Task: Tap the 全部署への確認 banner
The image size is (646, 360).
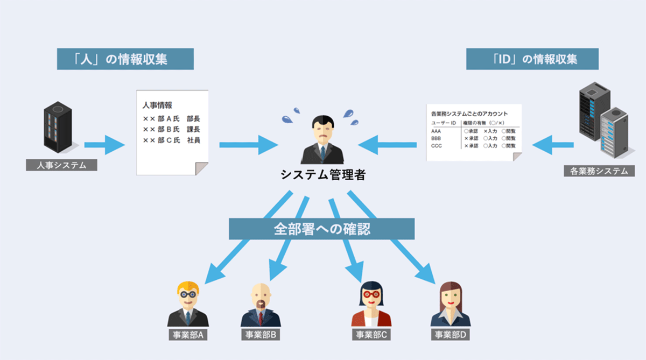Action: point(321,229)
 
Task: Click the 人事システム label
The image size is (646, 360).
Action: point(61,165)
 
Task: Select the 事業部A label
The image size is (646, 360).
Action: point(187,335)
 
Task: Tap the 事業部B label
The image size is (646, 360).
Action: point(261,335)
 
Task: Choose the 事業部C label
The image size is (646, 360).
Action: point(371,335)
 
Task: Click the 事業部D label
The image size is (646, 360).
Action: point(451,335)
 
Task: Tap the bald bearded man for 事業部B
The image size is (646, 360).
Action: point(261,298)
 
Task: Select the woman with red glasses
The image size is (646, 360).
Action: point(371,296)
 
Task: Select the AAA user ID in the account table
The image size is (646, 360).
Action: point(437,131)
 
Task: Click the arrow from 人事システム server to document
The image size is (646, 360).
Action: point(104,144)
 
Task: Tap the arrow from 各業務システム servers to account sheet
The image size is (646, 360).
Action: point(553,144)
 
